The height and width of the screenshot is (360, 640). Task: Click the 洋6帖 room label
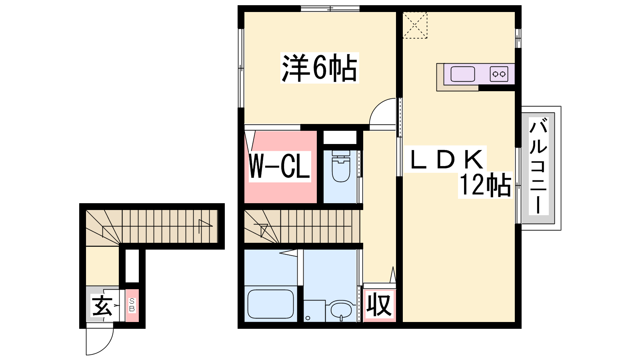coord(320,68)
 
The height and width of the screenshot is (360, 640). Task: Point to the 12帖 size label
coord(485,185)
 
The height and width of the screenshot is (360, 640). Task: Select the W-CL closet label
coord(280,166)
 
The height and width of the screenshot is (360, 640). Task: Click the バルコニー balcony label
coord(538,166)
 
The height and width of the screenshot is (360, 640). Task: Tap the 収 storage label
coord(379,305)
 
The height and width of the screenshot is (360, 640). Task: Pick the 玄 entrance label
coord(102,305)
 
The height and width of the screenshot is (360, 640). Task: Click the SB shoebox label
coord(132,305)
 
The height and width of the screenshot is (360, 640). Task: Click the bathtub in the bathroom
coord(270,304)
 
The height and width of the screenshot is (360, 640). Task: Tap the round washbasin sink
coord(341,310)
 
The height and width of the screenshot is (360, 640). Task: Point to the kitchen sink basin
coord(462,74)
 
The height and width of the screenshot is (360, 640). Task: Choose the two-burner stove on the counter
coord(499,74)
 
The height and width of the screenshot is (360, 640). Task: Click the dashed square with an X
coord(415,25)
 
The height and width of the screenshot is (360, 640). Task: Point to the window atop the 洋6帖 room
coord(330,8)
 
